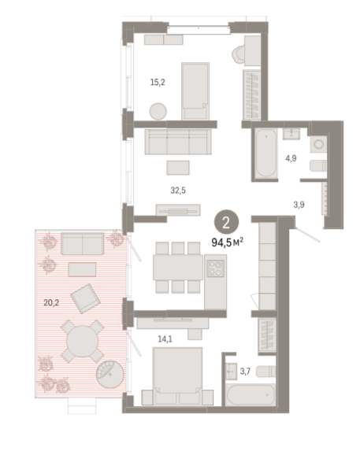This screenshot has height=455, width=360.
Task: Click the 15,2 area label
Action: [x=158, y=83]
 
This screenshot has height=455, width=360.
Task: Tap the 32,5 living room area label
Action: [x=178, y=191]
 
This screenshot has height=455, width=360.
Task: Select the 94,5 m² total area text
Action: [x=228, y=242]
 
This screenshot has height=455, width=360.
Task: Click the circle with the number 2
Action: [x=226, y=223]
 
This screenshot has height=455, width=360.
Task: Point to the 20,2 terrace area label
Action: [x=51, y=303]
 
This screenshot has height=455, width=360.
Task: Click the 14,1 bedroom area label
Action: [x=165, y=339]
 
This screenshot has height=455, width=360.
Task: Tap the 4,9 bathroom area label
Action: [x=291, y=158]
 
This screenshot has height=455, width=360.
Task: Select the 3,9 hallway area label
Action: [x=299, y=205]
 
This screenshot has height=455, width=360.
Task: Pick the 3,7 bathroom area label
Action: [x=245, y=371]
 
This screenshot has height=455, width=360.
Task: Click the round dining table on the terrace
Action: [x=83, y=341]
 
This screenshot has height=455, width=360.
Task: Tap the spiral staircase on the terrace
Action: [x=110, y=375]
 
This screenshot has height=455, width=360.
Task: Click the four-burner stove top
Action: [x=215, y=268]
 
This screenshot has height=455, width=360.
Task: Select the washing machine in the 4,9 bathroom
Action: [x=319, y=144]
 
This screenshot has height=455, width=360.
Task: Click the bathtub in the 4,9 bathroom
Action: [x=266, y=153]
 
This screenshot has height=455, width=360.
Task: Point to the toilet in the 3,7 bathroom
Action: [x=265, y=372]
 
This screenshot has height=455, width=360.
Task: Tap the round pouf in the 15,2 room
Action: [x=158, y=111]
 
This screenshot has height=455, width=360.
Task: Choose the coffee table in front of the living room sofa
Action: [x=178, y=168]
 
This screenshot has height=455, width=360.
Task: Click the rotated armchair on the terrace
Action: [x=85, y=298]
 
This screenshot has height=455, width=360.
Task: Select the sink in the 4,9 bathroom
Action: [x=291, y=134]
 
